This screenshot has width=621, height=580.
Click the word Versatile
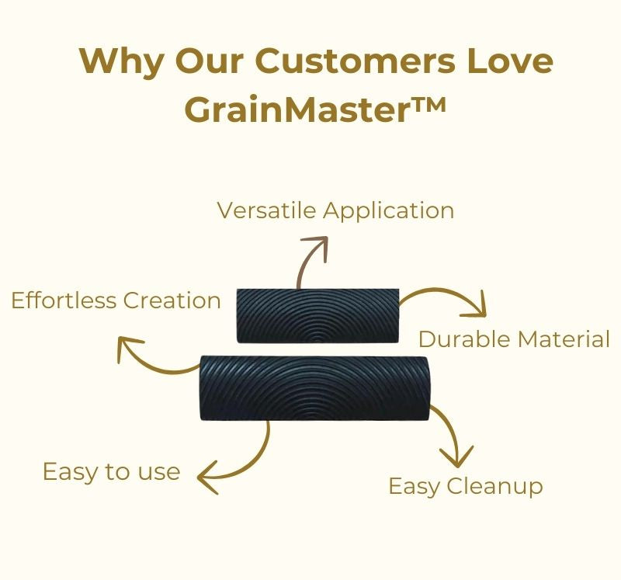click(x=266, y=210)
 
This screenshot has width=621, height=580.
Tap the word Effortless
click(x=64, y=300)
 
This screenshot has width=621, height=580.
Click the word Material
click(x=564, y=339)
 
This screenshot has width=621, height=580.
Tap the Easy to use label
click(x=111, y=471)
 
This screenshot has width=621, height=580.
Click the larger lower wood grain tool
click(x=314, y=388)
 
